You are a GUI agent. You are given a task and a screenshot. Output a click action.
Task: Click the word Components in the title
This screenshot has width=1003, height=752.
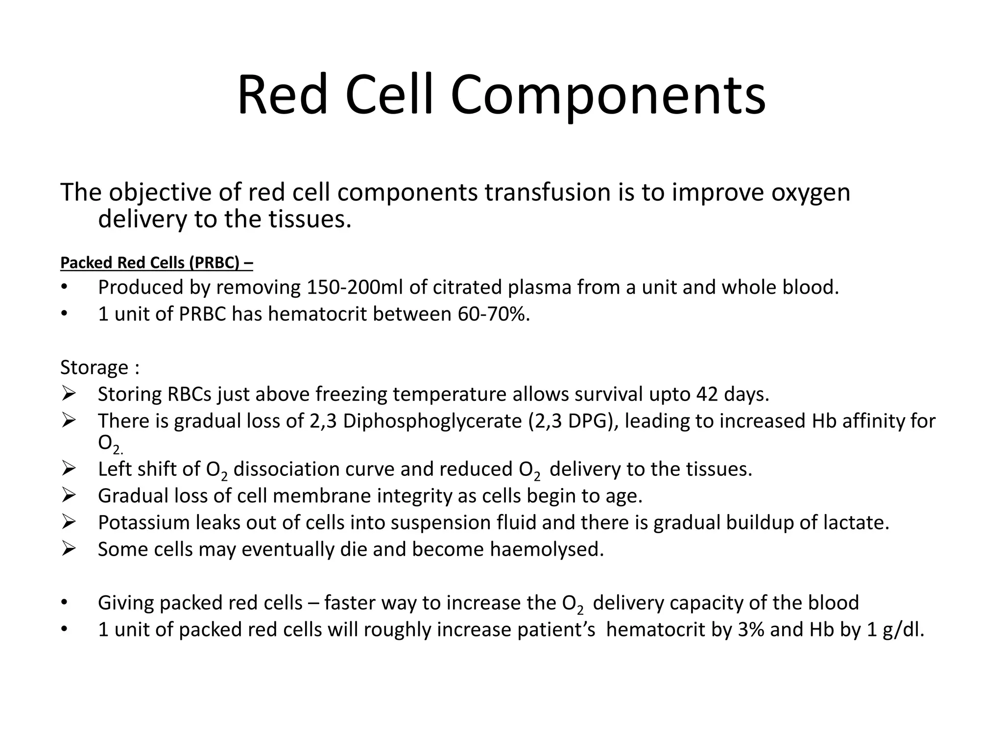[x=607, y=95]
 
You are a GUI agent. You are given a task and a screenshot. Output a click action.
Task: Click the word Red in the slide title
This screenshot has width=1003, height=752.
[x=282, y=95]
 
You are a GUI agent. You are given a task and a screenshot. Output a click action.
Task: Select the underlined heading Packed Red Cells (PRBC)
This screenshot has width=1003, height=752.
[x=156, y=263]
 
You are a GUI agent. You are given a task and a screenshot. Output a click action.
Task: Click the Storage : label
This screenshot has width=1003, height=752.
[x=100, y=367]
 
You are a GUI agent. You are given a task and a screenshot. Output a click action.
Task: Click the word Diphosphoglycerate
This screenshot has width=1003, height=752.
[x=432, y=421]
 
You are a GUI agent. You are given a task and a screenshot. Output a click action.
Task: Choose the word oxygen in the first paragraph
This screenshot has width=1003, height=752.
[x=811, y=192]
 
